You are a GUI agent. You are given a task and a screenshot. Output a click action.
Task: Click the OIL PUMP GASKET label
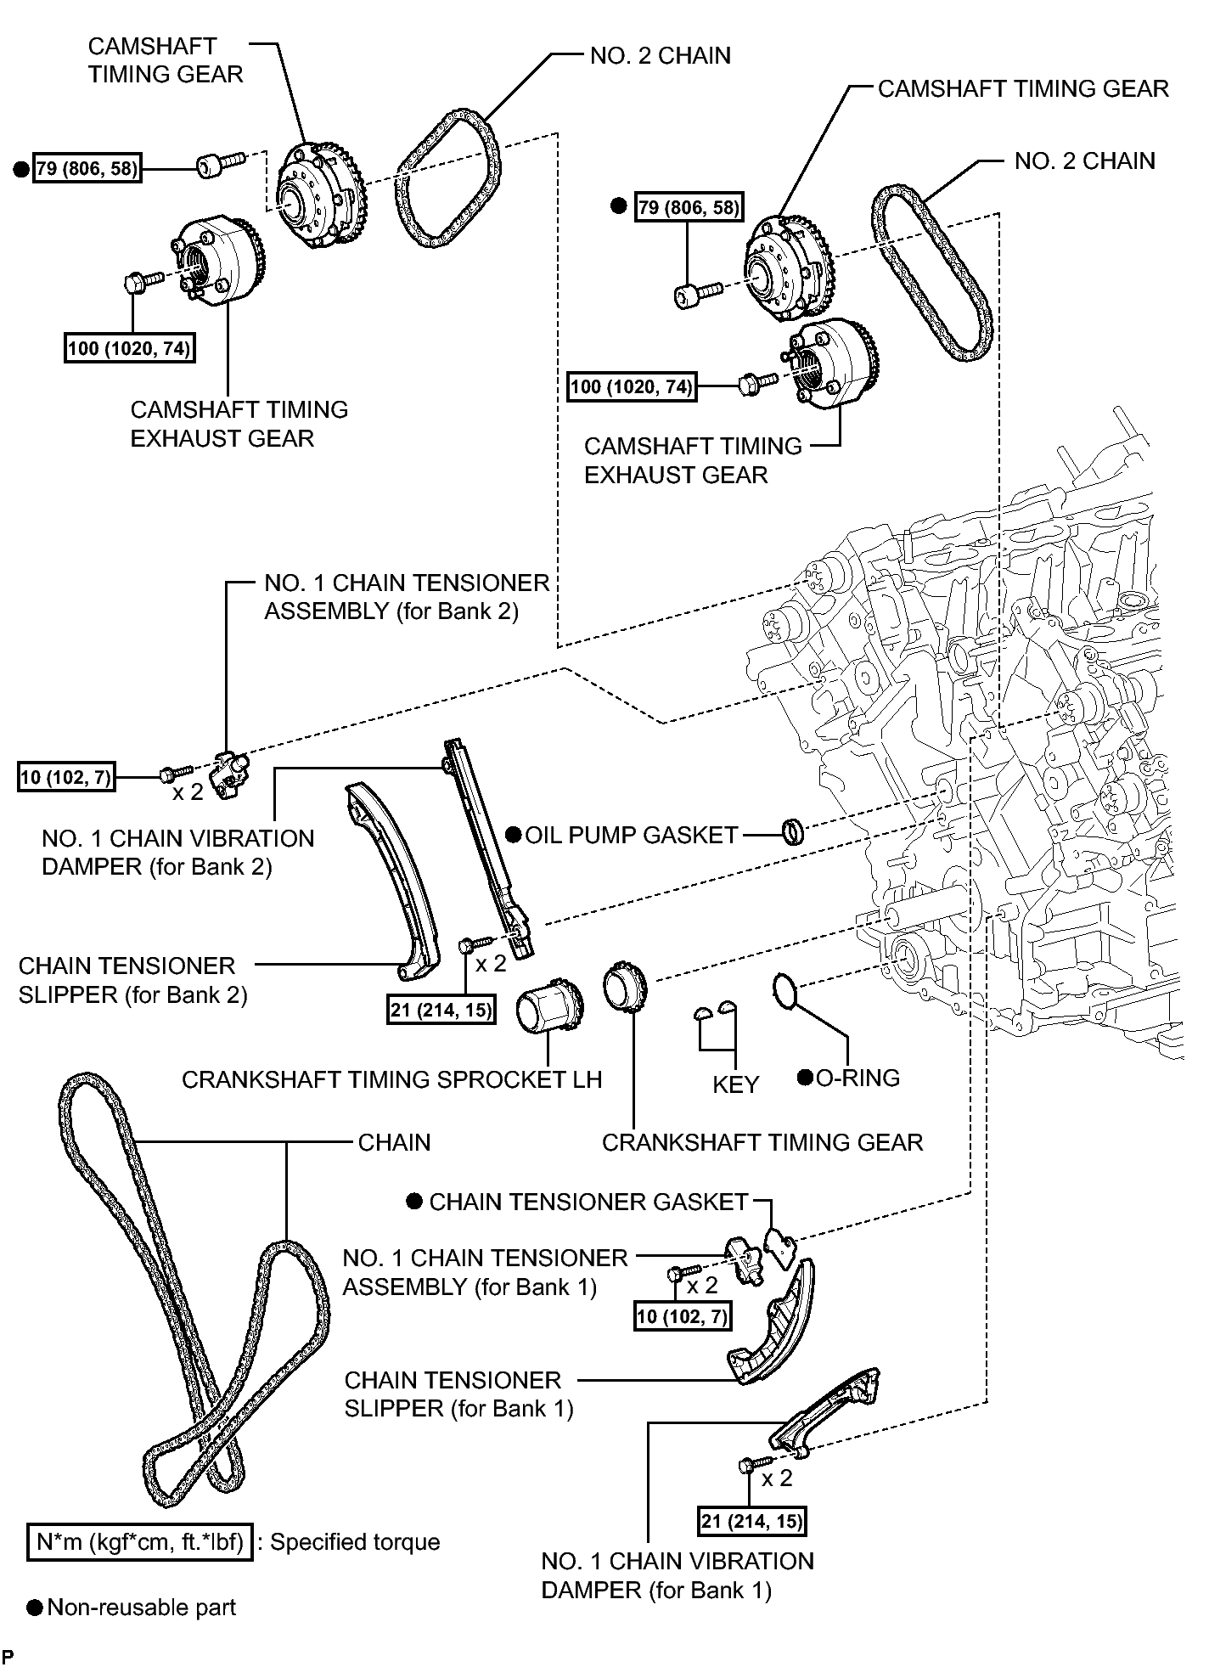pos(632,835)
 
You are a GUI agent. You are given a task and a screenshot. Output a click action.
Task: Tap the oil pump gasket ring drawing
pos(793,831)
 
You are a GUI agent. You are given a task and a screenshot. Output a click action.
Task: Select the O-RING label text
pos(858,1078)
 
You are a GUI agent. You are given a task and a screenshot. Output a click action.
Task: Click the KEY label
pos(735,1084)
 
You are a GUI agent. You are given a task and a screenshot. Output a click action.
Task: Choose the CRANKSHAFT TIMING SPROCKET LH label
pos(391,1079)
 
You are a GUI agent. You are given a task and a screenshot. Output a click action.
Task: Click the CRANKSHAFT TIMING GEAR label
pos(762,1142)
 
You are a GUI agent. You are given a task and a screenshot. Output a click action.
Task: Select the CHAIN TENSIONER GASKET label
pos(588,1202)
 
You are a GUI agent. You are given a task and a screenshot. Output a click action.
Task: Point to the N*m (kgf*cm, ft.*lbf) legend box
pos(140,1542)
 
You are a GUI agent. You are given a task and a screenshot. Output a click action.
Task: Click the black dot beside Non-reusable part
pos(35,1608)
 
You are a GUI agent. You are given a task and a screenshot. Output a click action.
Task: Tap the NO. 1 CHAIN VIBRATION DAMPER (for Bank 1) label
pos(677,1575)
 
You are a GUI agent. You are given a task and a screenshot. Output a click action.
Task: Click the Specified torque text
pos(355,1542)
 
